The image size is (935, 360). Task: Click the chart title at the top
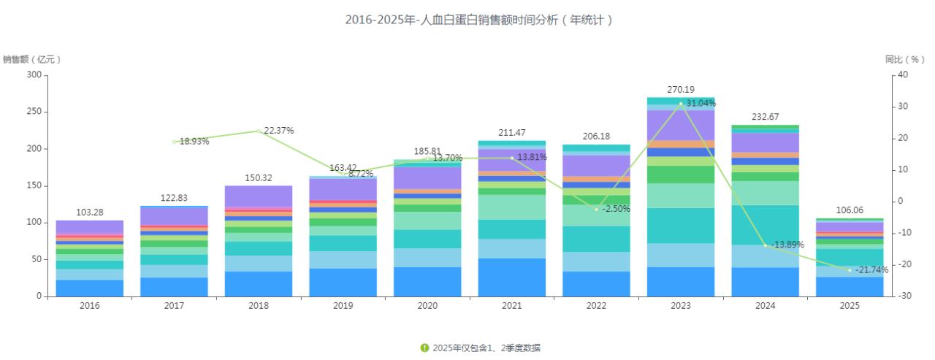pyautogui.click(x=478, y=20)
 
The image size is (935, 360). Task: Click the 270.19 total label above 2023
pyautogui.click(x=681, y=90)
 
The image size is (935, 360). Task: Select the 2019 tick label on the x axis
pyautogui.click(x=343, y=306)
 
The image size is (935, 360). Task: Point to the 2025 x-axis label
pyautogui.click(x=850, y=306)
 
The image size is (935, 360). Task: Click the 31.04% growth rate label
pyautogui.click(x=701, y=104)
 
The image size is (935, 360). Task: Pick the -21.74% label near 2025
pyautogui.click(x=869, y=270)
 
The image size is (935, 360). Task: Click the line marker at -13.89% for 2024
pyautogui.click(x=766, y=245)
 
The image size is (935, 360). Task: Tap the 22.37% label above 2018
pyautogui.click(x=279, y=131)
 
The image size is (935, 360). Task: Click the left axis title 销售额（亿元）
pyautogui.click(x=32, y=59)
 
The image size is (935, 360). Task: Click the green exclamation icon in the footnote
pyautogui.click(x=424, y=348)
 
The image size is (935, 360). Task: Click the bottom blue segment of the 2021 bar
pyautogui.click(x=511, y=277)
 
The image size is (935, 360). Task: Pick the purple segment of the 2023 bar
pyautogui.click(x=681, y=125)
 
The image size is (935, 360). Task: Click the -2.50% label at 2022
pyautogui.click(x=616, y=209)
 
